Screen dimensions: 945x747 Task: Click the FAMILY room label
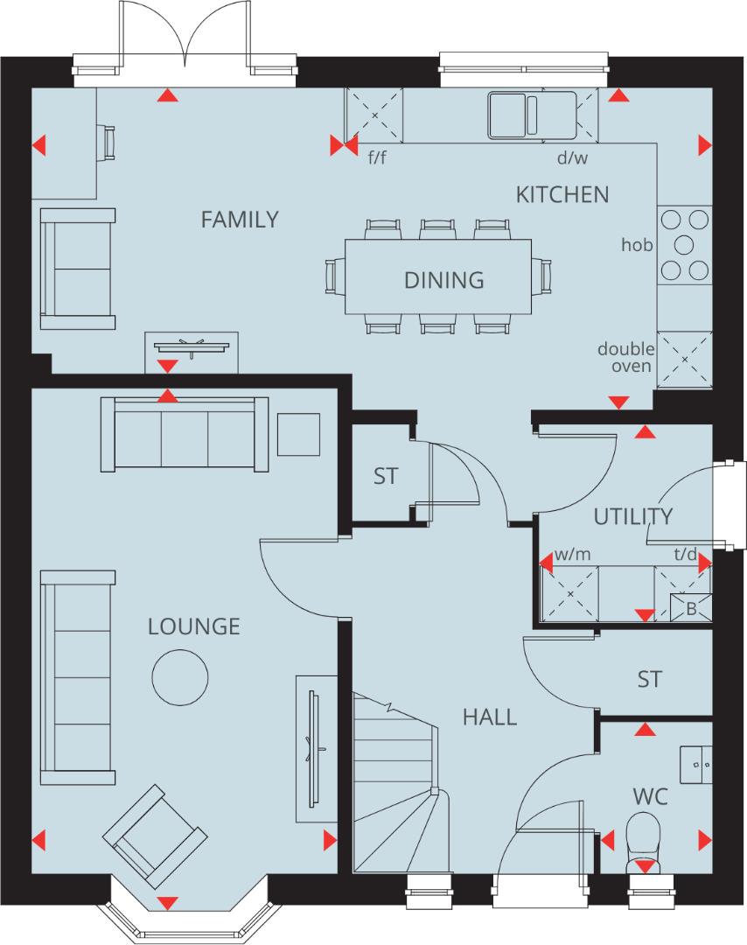(240, 220)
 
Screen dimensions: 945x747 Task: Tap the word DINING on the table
(443, 280)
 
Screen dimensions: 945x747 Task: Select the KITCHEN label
(562, 194)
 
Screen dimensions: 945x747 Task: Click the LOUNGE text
(193, 626)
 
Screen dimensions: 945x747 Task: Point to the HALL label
(489, 717)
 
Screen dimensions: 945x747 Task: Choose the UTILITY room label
(633, 516)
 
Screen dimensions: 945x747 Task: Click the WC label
(651, 796)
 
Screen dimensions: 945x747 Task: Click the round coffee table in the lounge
(180, 676)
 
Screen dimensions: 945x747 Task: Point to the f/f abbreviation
(377, 159)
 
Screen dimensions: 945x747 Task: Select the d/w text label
(572, 159)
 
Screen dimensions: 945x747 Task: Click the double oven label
(625, 357)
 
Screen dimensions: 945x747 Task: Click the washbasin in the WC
(696, 764)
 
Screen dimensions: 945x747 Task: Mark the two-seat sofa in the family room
(78, 269)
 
